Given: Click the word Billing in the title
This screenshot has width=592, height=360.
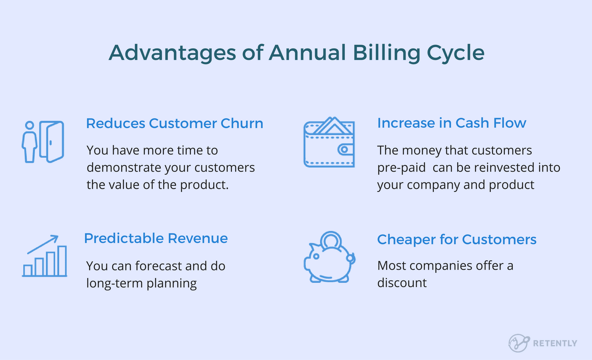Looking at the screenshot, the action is click(386, 53).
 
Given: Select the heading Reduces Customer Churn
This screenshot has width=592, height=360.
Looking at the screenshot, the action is click(175, 123).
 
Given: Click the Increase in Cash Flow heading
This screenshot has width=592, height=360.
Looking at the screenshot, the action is click(452, 123).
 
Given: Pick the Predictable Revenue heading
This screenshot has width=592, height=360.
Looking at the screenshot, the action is click(156, 238).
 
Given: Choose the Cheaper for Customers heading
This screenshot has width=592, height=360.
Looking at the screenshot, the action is click(457, 240).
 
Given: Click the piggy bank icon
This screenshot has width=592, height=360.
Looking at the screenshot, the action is click(330, 257).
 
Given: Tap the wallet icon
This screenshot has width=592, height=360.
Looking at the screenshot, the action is click(329, 142).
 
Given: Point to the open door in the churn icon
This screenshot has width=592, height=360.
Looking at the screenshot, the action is click(52, 142).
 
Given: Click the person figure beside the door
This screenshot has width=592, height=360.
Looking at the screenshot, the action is click(29, 142).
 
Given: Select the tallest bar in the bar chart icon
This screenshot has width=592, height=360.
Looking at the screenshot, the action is click(62, 261).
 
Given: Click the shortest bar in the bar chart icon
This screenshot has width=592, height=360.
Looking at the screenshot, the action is click(28, 270).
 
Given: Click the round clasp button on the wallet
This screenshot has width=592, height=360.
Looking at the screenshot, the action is click(344, 150).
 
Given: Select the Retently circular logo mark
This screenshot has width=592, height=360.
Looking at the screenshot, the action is click(519, 343).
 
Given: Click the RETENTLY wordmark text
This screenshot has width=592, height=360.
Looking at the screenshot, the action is click(555, 343).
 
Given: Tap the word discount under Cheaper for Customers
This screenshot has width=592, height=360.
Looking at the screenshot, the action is click(402, 283).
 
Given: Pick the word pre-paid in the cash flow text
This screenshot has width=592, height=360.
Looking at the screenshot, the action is click(401, 168).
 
